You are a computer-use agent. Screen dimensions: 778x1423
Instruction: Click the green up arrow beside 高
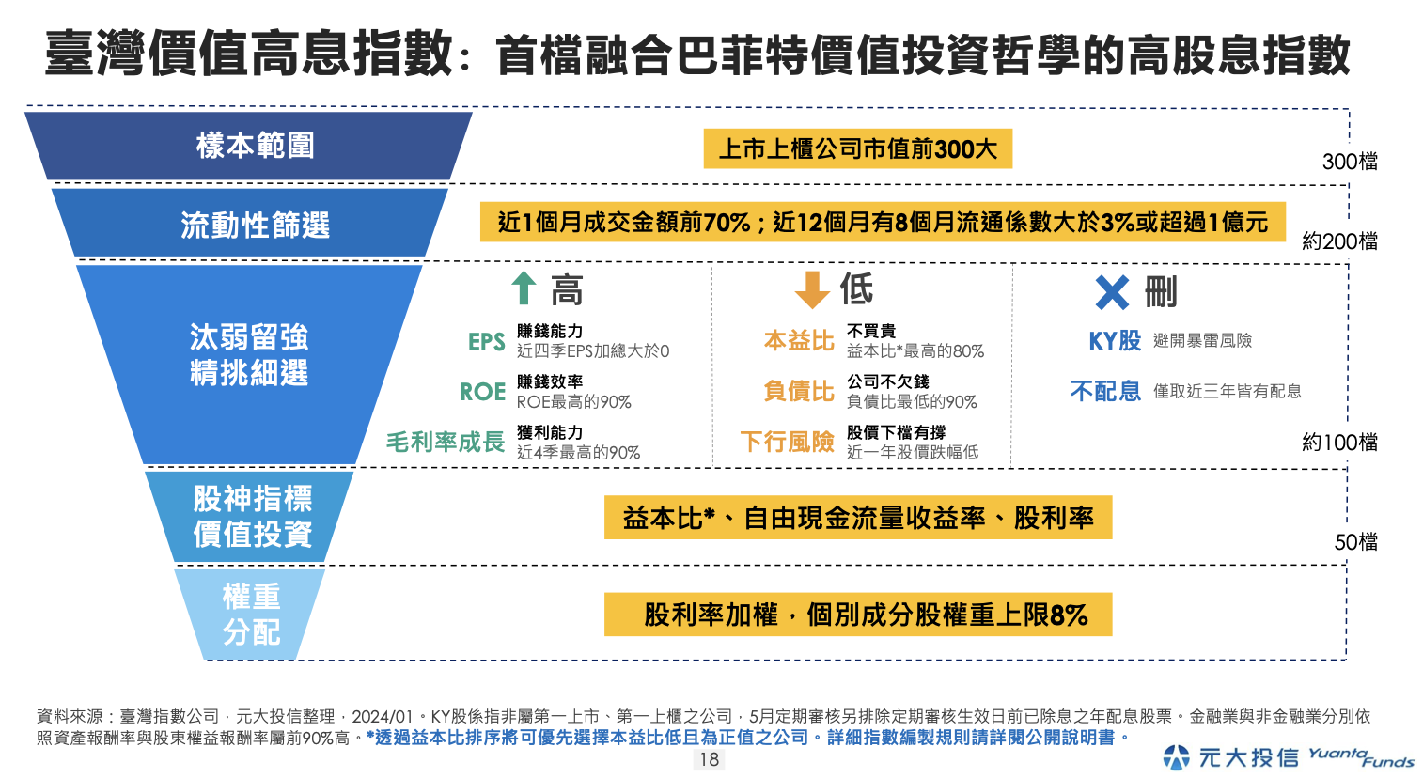524,288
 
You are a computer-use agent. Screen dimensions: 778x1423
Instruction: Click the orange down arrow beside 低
811,289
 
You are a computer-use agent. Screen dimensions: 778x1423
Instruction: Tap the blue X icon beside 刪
1112,292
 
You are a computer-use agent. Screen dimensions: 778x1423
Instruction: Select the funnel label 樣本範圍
255,146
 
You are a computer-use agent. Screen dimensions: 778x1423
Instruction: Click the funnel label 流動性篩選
255,226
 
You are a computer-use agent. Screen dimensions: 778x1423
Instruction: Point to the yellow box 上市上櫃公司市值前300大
857,148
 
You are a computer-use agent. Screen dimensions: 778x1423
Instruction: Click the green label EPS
487,342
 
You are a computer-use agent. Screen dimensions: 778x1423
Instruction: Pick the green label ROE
483,392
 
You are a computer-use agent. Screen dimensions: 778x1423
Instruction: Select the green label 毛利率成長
446,442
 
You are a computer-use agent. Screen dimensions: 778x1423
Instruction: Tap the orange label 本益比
799,341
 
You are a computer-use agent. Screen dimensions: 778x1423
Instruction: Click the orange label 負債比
799,391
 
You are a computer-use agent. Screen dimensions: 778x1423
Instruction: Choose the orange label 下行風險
788,442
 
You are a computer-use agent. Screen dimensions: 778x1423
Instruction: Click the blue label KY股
1115,341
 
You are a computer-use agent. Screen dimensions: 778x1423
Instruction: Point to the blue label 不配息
1105,391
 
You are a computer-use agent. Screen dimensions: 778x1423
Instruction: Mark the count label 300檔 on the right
1350,162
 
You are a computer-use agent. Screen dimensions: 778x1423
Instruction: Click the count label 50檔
1355,542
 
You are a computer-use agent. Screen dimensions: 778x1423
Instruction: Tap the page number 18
710,759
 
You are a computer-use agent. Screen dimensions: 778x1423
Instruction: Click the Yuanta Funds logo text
1361,756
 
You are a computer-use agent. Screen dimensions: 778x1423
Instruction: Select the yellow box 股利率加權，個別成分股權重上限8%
857,615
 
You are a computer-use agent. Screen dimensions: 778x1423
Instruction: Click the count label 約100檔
1339,442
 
